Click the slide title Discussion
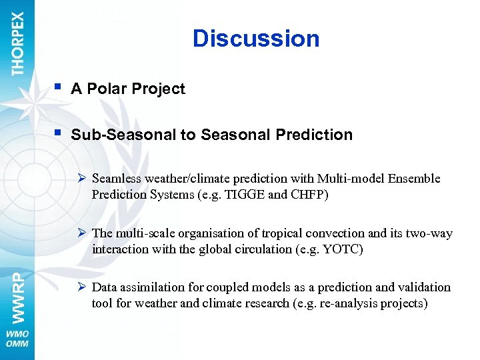click(256, 39)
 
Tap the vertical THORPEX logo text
click(18, 43)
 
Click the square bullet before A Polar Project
click(59, 87)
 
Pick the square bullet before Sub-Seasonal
click(59, 132)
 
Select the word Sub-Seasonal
click(123, 135)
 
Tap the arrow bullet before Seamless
click(83, 178)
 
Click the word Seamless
click(115, 179)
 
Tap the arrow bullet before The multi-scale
click(83, 233)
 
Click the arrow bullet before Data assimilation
click(83, 287)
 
